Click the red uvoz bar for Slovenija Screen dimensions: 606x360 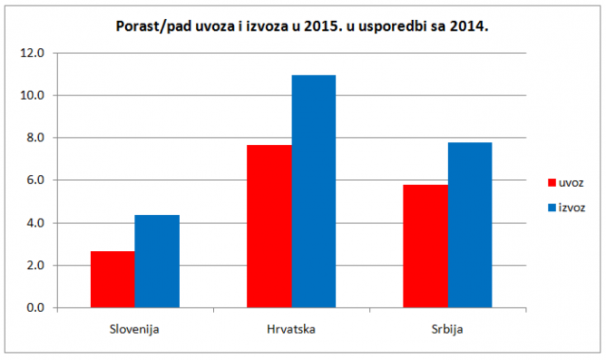pyautogui.click(x=113, y=279)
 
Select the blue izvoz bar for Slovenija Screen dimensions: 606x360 pyautogui.click(x=157, y=261)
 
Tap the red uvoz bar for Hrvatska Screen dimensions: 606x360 pyautogui.click(x=269, y=226)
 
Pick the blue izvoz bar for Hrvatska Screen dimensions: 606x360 pyautogui.click(x=313, y=191)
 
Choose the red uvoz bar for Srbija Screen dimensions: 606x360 pyautogui.click(x=425, y=246)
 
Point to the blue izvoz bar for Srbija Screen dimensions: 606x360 pyautogui.click(x=470, y=225)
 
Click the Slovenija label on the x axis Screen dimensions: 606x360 pyautogui.click(x=134, y=330)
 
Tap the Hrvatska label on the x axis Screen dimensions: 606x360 pyautogui.click(x=291, y=330)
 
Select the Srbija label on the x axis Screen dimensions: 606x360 pyautogui.click(x=447, y=330)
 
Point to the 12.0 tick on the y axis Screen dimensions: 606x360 pyautogui.click(x=32, y=53)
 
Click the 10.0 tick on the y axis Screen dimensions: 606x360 pyautogui.click(x=32, y=95)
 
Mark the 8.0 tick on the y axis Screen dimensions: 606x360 pyautogui.click(x=36, y=137)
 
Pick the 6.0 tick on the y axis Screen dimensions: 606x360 pyautogui.click(x=36, y=180)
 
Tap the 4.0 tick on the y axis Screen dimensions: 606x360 pyautogui.click(x=36, y=224)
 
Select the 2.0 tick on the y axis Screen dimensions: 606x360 pyautogui.click(x=36, y=265)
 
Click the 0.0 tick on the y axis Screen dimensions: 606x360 pyautogui.click(x=36, y=308)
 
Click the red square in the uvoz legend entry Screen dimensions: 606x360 pyautogui.click(x=552, y=183)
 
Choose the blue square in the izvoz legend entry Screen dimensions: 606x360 pyautogui.click(x=552, y=207)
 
